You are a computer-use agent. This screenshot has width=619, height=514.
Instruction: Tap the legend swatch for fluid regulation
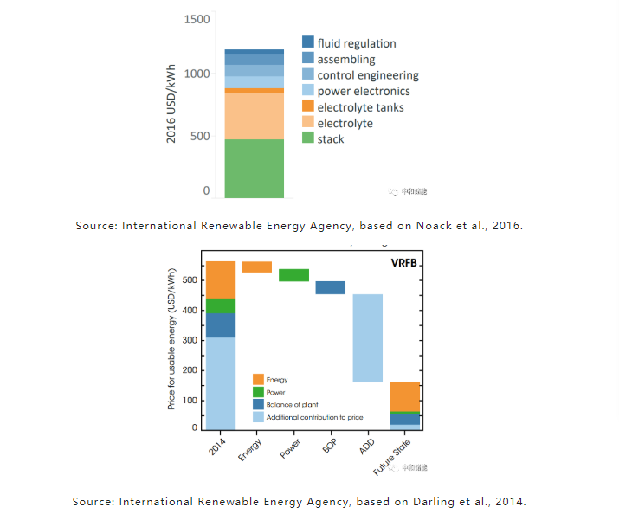(307, 42)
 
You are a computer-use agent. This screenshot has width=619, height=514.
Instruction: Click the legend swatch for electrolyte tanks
(307, 106)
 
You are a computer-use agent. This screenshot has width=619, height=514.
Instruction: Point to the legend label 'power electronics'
(364, 91)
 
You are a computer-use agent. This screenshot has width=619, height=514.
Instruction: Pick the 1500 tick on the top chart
(197, 19)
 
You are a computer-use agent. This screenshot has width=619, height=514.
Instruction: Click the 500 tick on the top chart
(201, 136)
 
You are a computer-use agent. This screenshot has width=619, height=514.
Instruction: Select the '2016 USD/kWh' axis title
(171, 105)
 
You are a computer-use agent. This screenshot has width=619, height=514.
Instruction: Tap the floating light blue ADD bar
(367, 337)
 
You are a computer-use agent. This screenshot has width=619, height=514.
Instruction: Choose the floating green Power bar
(293, 275)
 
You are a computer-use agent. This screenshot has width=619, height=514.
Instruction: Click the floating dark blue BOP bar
(330, 287)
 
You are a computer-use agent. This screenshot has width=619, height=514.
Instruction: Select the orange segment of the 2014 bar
(221, 279)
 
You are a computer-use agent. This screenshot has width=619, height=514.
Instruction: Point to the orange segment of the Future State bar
(404, 396)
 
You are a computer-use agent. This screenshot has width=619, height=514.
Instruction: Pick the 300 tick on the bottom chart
(189, 340)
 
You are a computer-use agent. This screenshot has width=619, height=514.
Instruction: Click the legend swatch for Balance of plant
(259, 404)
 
